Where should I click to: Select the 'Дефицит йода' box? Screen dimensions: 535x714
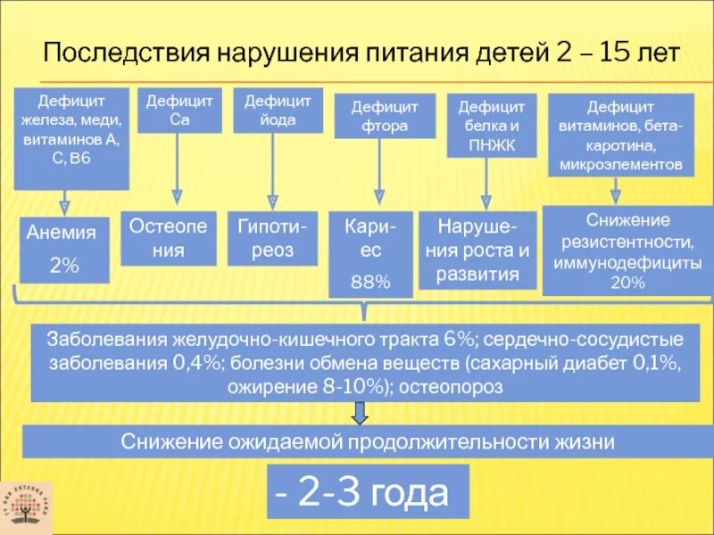[x=278, y=111]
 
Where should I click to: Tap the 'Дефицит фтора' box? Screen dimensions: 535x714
[x=379, y=116]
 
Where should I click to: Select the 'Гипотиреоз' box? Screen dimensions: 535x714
[x=272, y=238]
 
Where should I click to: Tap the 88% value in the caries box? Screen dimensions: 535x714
[x=370, y=282]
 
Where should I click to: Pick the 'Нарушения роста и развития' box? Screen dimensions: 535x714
[x=477, y=251]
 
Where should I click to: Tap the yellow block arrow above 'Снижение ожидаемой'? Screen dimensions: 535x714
[x=359, y=413]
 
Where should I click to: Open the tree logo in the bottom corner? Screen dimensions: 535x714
[x=26, y=508]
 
